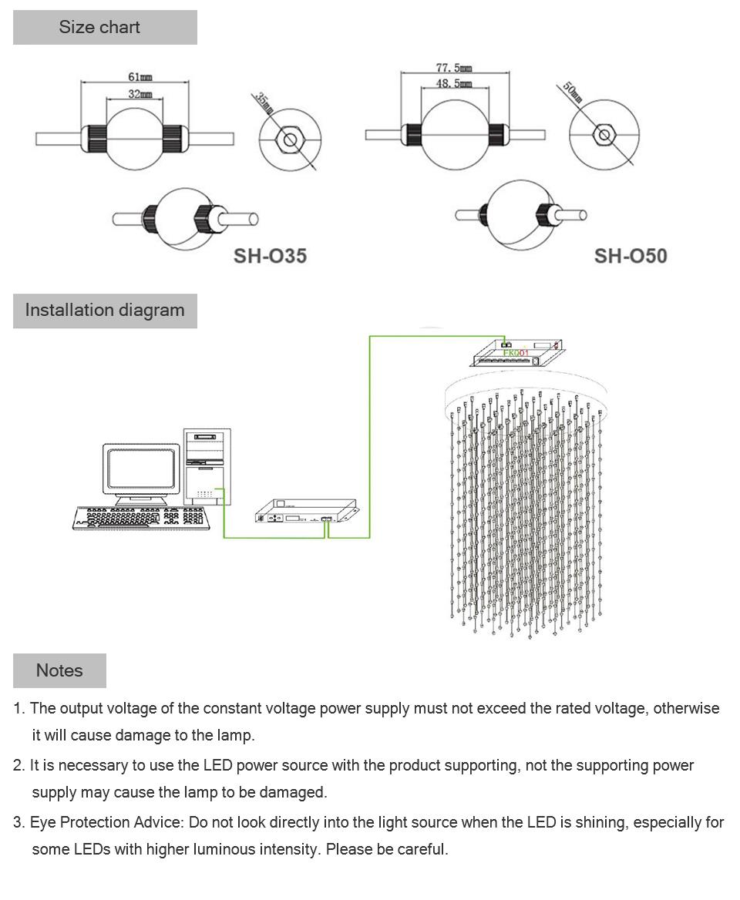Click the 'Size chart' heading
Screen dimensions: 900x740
[x=99, y=28]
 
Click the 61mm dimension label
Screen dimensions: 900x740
[x=140, y=77]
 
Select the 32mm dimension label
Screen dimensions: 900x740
[x=140, y=94]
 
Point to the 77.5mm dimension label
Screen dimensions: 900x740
[x=454, y=68]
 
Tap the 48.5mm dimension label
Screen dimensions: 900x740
[x=454, y=83]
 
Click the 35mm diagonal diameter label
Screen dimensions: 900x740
[x=264, y=103]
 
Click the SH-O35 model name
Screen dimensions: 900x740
[x=270, y=256]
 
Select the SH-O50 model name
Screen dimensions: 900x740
[x=630, y=256]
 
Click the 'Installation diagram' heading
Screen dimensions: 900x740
[x=105, y=311]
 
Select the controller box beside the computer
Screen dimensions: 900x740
[x=305, y=510]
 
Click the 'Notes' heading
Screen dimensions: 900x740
[x=59, y=670]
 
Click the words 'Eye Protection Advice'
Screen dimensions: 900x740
[x=106, y=823]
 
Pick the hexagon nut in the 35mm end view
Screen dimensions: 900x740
[x=290, y=140]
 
